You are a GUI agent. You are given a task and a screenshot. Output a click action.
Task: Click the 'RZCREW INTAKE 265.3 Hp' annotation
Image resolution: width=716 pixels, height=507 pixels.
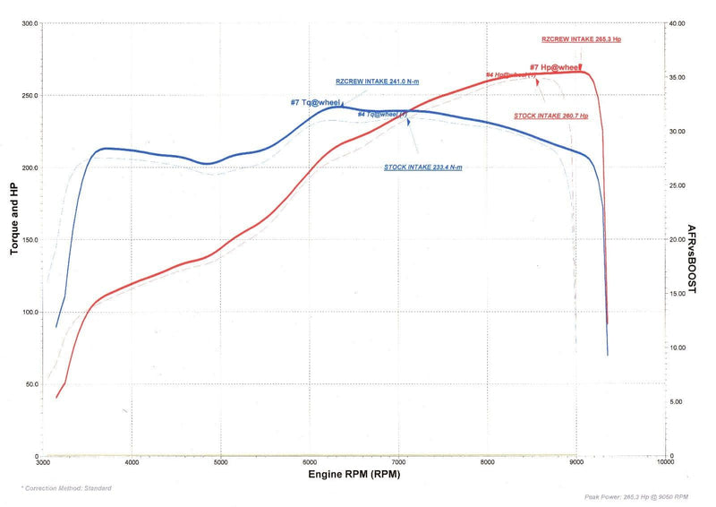(581, 39)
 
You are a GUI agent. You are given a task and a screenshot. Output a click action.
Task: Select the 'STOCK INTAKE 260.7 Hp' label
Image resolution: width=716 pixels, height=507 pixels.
(550, 116)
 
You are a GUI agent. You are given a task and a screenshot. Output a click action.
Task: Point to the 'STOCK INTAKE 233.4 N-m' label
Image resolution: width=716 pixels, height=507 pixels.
(423, 168)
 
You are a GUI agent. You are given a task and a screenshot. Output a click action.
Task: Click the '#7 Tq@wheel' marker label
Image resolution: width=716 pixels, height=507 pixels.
(315, 102)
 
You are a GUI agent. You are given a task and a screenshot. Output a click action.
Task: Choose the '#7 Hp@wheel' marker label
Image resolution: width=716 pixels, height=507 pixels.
(554, 67)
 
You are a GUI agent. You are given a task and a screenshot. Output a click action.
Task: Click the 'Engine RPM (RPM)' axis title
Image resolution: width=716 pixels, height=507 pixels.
(354, 473)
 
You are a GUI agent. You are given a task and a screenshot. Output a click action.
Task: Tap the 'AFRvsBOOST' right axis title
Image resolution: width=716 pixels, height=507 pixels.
(693, 259)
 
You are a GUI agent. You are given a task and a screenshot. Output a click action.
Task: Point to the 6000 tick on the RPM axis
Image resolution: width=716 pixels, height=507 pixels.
(310, 462)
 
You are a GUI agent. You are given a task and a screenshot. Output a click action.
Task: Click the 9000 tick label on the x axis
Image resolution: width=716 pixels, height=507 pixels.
(575, 462)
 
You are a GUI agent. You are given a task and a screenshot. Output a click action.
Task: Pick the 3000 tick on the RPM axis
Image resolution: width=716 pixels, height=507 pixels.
(44, 462)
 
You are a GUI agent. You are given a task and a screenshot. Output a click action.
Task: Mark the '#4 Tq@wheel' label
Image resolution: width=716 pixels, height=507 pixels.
(382, 114)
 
